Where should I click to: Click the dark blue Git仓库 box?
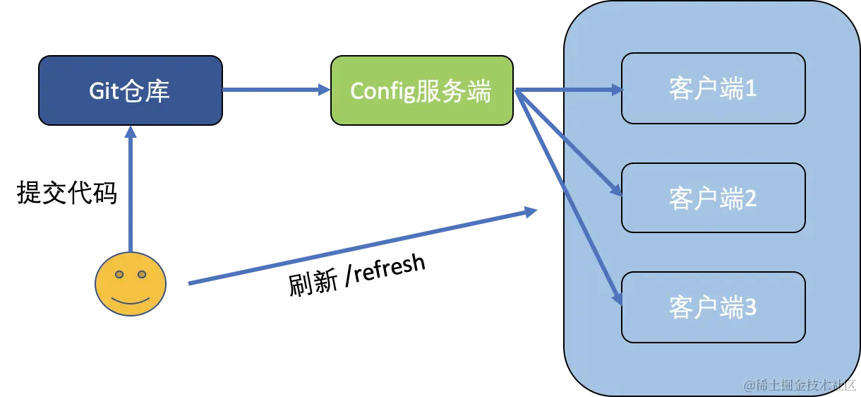pos(131,90)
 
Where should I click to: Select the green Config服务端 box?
pos(422,90)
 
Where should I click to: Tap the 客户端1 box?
pos(713,88)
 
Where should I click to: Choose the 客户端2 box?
pos(713,198)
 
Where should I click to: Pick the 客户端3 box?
pos(713,307)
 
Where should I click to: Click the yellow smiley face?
pos(131,284)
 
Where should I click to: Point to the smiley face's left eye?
pos(119,274)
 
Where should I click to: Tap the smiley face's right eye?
pos(142,274)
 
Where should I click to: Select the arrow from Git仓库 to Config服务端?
pos(275,90)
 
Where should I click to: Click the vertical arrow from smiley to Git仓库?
pos(130,191)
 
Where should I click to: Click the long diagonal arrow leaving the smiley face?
pos(360,247)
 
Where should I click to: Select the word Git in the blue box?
pos(102,91)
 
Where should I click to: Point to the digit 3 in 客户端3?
pos(750,308)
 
